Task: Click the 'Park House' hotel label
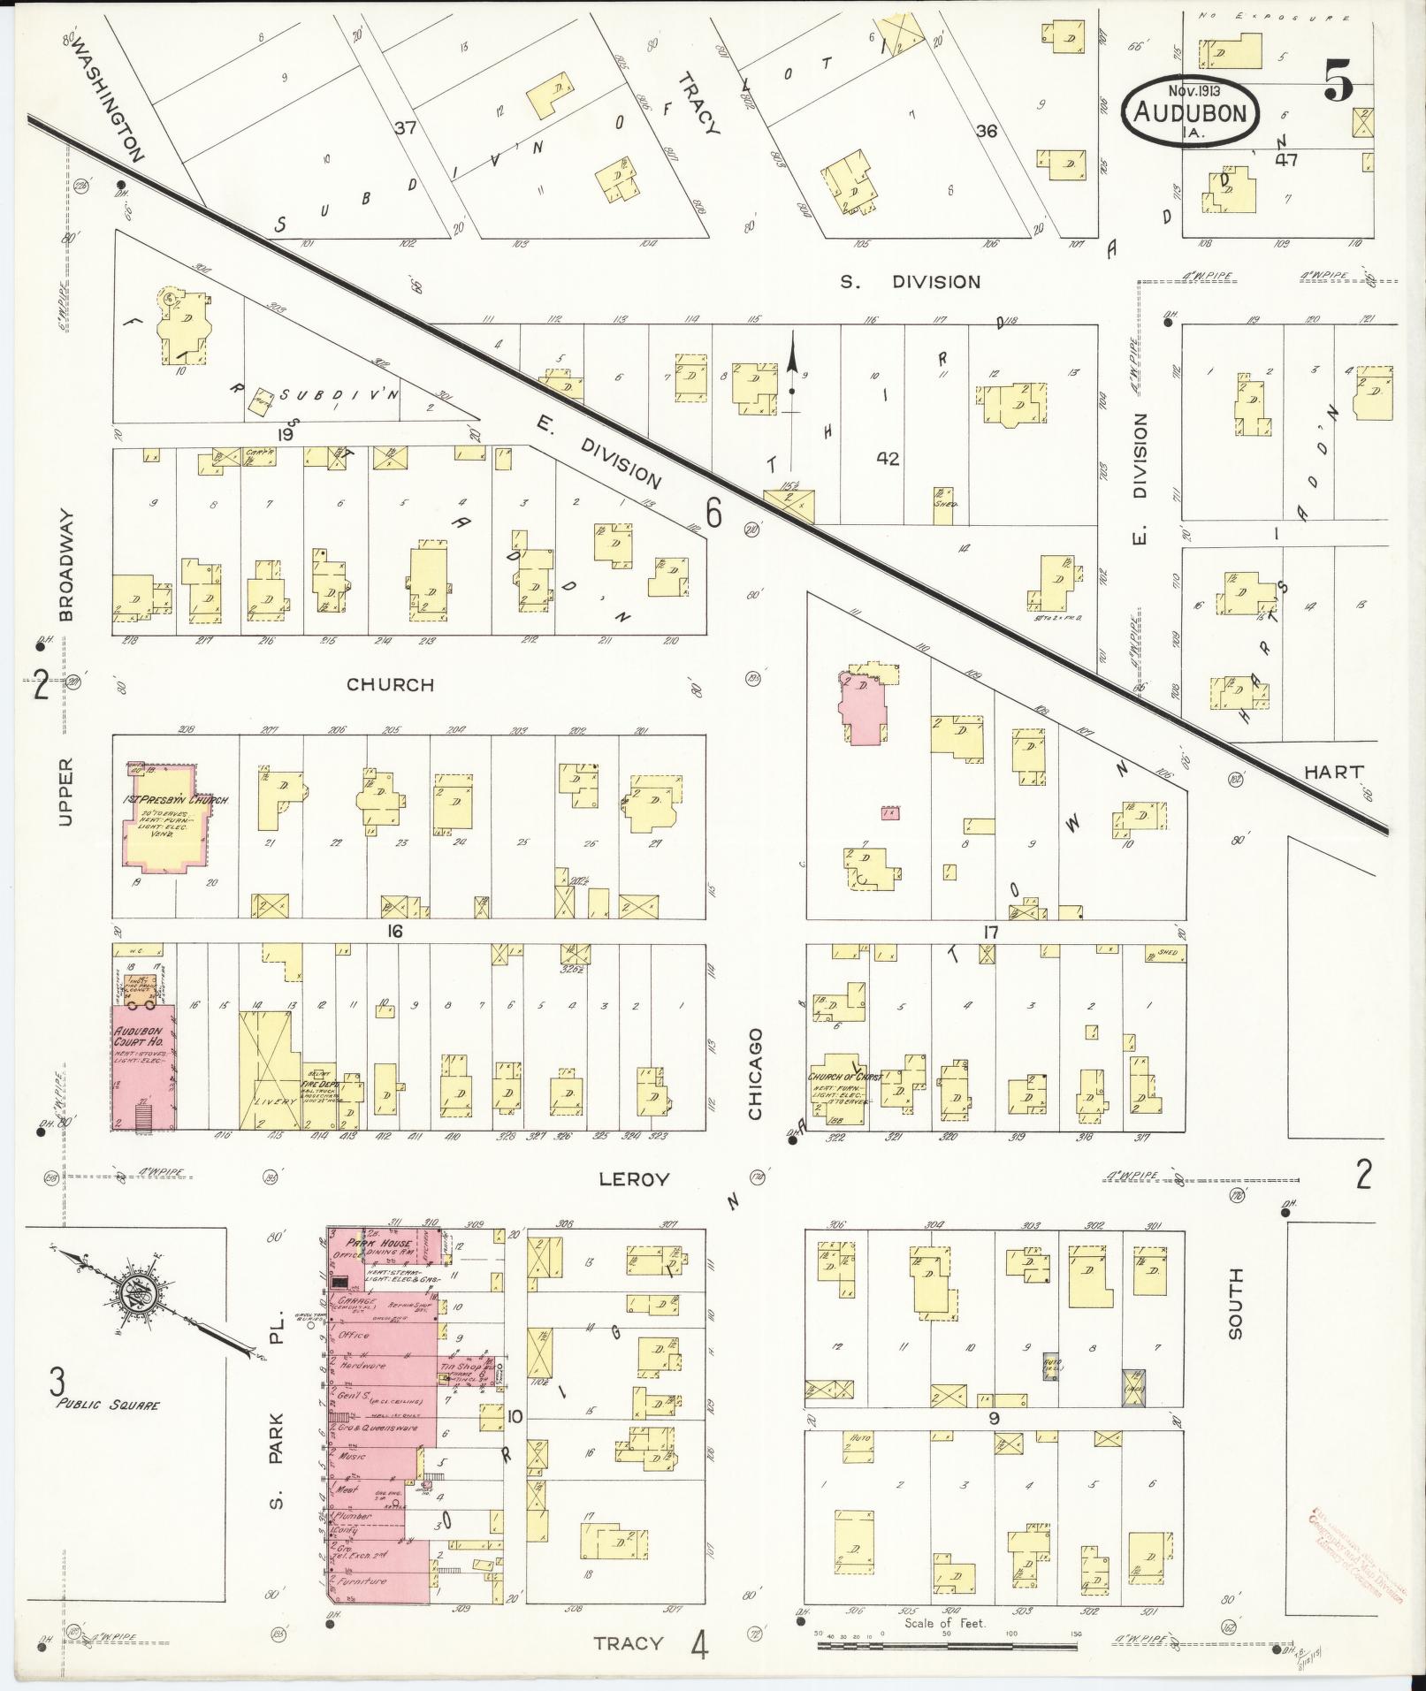click(369, 1242)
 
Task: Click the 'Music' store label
click(352, 1456)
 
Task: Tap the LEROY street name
click(634, 1179)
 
